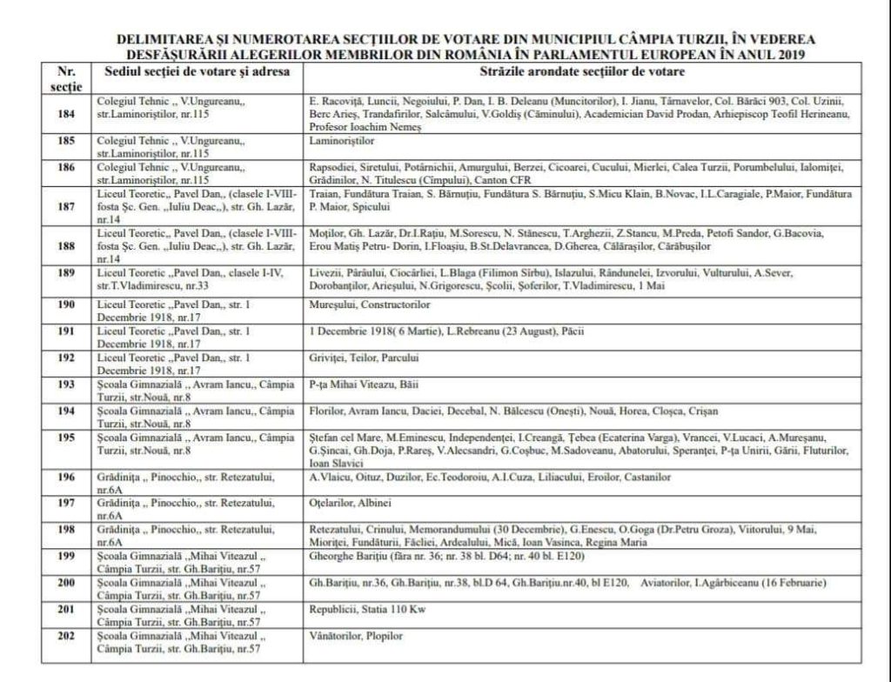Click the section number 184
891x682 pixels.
(x=66, y=114)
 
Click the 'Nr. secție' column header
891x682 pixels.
(x=66, y=76)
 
